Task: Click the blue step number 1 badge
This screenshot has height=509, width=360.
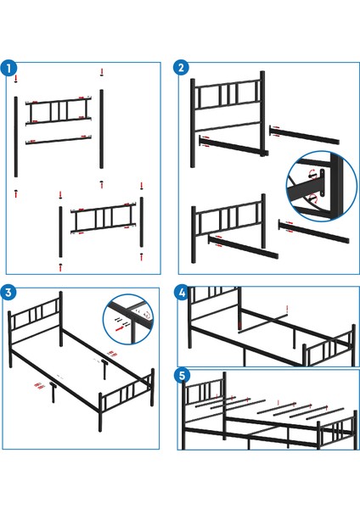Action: coord(8,68)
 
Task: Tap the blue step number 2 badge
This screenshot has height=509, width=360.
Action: coord(182,67)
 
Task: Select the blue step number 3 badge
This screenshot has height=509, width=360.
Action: coord(8,292)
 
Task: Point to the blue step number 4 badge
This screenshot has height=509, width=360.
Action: coord(182,293)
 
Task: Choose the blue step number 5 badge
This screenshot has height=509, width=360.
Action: coord(182,375)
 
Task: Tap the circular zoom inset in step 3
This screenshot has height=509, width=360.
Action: coord(128,320)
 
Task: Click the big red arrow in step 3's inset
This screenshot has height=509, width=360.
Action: coord(120,328)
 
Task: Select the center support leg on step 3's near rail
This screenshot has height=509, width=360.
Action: coord(53,392)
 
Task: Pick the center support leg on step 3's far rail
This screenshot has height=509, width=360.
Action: coord(104,369)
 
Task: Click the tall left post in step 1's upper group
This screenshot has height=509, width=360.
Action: coord(15,137)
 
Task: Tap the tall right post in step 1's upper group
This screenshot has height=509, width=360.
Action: coord(101,129)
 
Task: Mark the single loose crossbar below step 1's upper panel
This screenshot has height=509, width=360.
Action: coord(59,140)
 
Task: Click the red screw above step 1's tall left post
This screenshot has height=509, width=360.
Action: coord(15,78)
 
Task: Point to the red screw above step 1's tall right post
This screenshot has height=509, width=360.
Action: coord(102,72)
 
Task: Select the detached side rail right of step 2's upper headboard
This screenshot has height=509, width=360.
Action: coord(304,135)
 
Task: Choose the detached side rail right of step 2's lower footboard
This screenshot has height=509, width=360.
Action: coord(313,231)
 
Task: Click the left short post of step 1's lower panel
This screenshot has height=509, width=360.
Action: coord(60,232)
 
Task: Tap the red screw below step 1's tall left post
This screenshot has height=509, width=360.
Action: coord(16,193)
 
